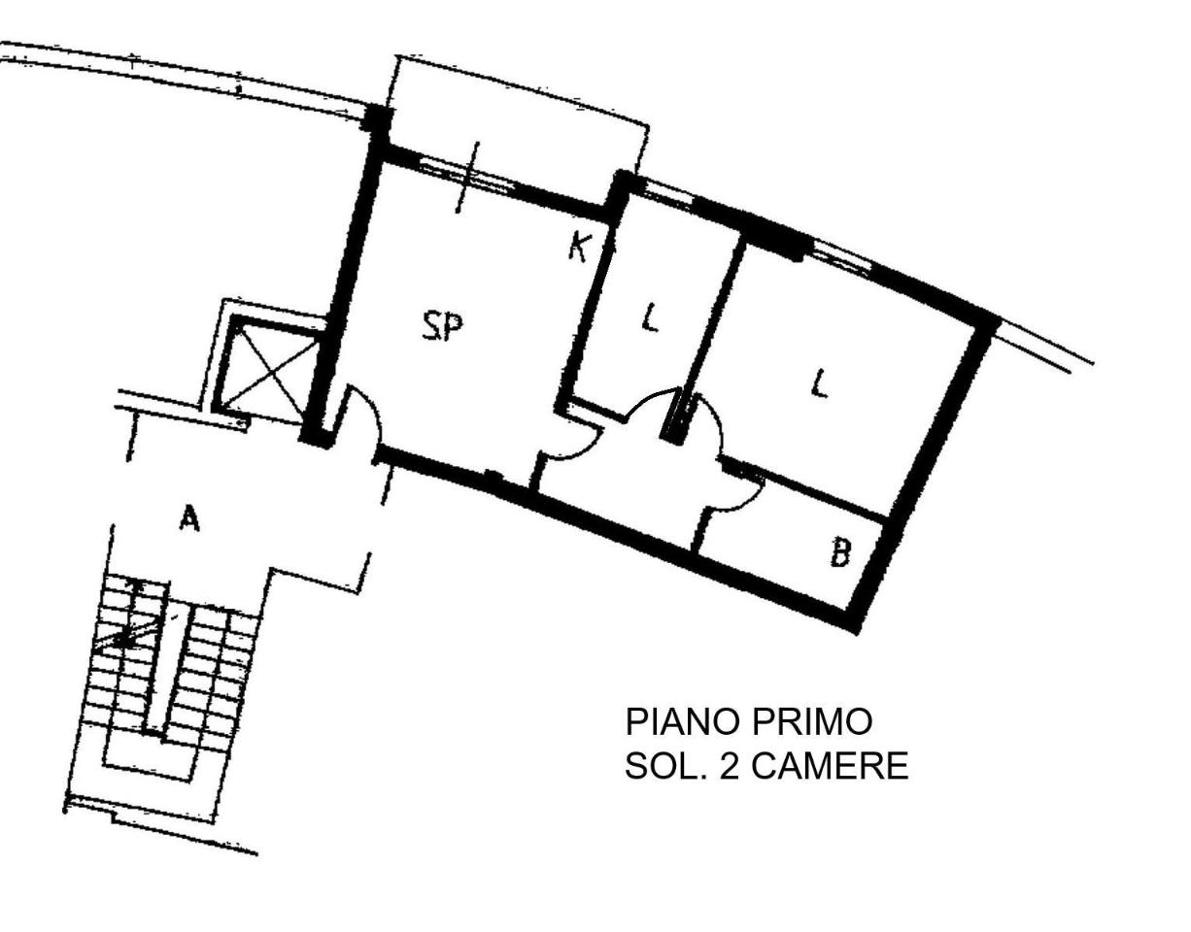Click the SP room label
pyautogui.click(x=442, y=327)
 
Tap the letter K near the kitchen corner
pyautogui.click(x=578, y=247)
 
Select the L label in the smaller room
pyautogui.click(x=650, y=317)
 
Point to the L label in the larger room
pyautogui.click(x=821, y=385)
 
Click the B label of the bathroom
pyautogui.click(x=840, y=553)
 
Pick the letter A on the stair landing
pyautogui.click(x=189, y=519)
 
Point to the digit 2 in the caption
pyautogui.click(x=729, y=767)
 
